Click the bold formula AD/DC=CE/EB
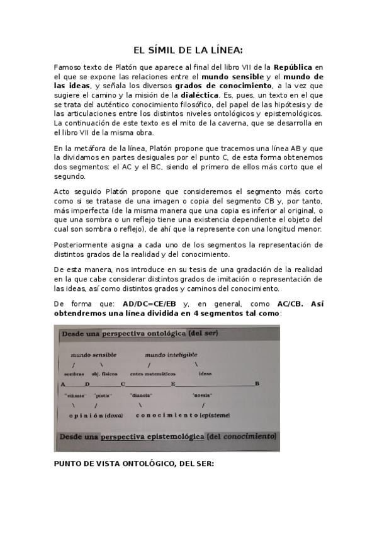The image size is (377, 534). [150, 304]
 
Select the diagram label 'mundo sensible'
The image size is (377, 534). [93, 355]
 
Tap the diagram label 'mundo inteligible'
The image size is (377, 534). [171, 355]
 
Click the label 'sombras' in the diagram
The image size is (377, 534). [74, 374]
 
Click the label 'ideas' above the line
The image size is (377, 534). [205, 374]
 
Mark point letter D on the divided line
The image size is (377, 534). [87, 383]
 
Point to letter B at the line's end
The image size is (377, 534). [257, 383]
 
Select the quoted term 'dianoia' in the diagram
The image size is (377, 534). [141, 395]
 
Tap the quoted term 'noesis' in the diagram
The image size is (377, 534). [203, 395]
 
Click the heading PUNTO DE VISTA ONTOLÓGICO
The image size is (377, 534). [133, 463]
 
